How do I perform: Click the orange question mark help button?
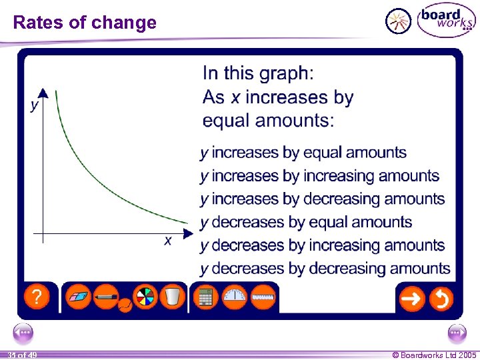click(37, 297)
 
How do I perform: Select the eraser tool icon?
click(80, 297)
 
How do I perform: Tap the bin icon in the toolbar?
click(172, 297)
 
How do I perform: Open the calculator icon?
click(205, 297)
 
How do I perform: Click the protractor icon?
click(235, 297)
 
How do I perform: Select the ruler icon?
click(264, 297)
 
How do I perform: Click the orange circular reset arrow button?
click(441, 299)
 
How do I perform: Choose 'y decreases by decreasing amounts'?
click(325, 269)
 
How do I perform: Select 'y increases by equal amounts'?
click(303, 153)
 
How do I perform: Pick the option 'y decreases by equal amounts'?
click(306, 222)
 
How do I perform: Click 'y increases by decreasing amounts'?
click(323, 199)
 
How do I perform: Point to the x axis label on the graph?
click(168, 240)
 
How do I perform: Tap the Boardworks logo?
click(446, 21)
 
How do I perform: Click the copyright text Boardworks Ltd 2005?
click(434, 355)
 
